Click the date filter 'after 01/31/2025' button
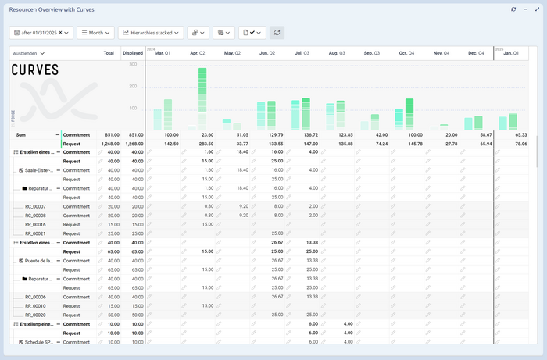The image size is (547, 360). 41,33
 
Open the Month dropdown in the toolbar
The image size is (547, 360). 95,33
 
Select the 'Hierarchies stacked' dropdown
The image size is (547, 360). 151,33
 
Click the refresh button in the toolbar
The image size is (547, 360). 277,33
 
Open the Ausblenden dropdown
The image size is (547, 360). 28,53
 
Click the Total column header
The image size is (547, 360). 109,53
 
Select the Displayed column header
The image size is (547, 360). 133,53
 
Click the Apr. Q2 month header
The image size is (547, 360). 198,53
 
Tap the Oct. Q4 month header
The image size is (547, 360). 406,53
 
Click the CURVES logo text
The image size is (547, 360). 35,70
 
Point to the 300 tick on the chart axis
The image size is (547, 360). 134,64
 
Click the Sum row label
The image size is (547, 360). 21,135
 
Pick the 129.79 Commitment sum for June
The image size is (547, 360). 274,135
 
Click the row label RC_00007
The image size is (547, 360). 35,206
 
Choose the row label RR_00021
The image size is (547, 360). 35,233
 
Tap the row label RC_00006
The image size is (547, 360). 35,297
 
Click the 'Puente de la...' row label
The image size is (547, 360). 39,261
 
